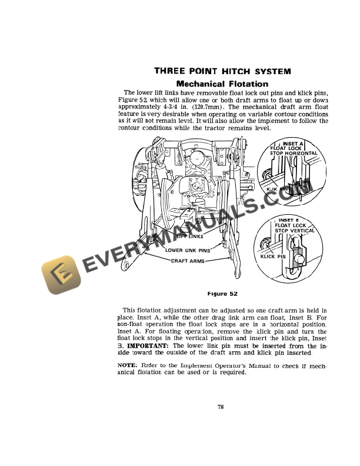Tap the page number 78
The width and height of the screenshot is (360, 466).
coord(221,407)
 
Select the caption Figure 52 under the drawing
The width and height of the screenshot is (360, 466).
coord(221,293)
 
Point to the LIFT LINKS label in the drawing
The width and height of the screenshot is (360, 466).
coord(189,237)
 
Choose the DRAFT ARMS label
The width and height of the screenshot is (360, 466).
coord(188,261)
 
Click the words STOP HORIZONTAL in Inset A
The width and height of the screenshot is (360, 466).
coord(294,153)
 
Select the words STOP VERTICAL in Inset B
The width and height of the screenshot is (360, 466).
coord(295,230)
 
